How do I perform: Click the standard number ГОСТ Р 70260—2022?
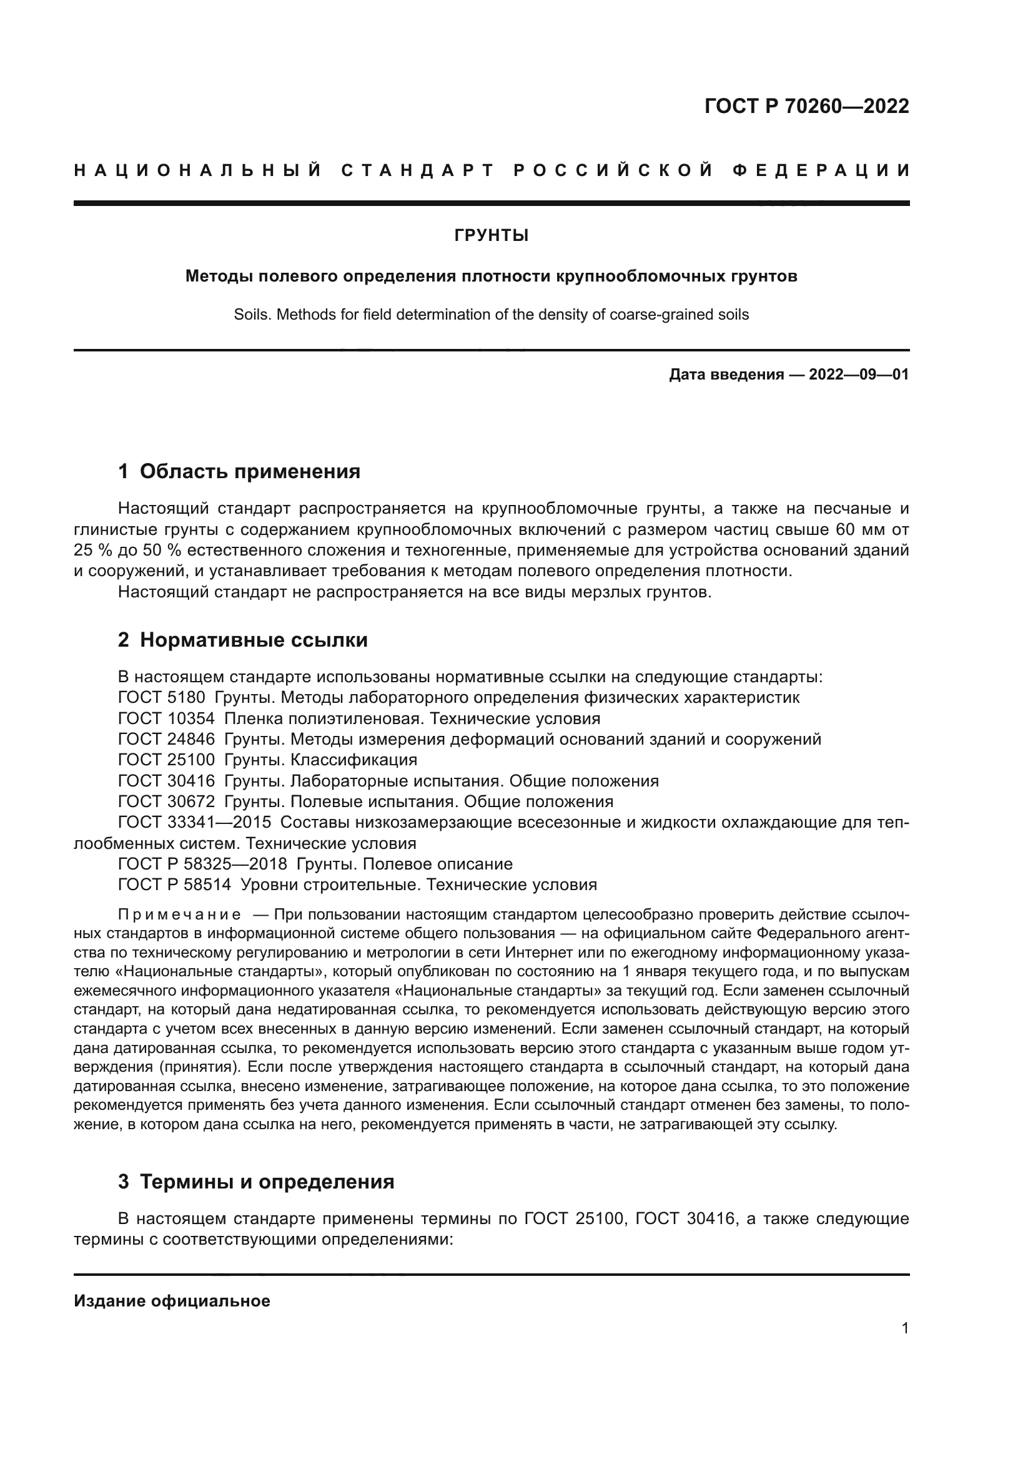click(x=806, y=106)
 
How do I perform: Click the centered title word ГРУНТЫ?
click(x=491, y=236)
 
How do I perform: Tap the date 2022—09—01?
click(x=859, y=375)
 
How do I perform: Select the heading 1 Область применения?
click(x=239, y=471)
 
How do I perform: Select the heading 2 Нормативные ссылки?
click(x=243, y=640)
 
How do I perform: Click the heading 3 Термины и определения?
click(x=256, y=1182)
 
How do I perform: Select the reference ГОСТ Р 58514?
click(x=175, y=884)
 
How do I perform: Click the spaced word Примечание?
click(x=179, y=915)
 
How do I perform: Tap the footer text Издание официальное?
click(x=172, y=1301)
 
